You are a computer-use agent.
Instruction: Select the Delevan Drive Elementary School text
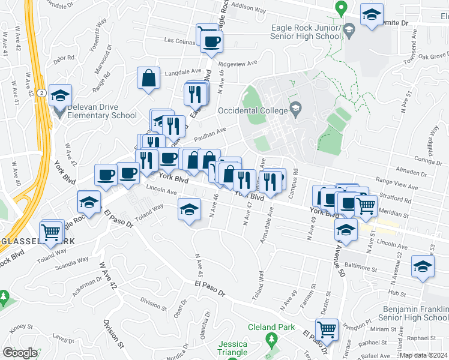click(x=102, y=112)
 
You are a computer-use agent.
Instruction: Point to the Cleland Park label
click(x=272, y=327)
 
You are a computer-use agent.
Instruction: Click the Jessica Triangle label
click(x=234, y=348)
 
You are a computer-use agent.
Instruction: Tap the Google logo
click(x=20, y=352)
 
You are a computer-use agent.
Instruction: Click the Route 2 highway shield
click(x=41, y=92)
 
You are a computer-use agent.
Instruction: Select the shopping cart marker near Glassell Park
click(x=52, y=230)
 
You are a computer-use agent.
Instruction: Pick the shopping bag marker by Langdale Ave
click(x=148, y=78)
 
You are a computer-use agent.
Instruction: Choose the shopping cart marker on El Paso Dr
click(x=327, y=328)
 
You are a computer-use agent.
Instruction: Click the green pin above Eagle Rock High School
click(x=341, y=8)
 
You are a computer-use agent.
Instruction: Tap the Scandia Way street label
click(x=73, y=263)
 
